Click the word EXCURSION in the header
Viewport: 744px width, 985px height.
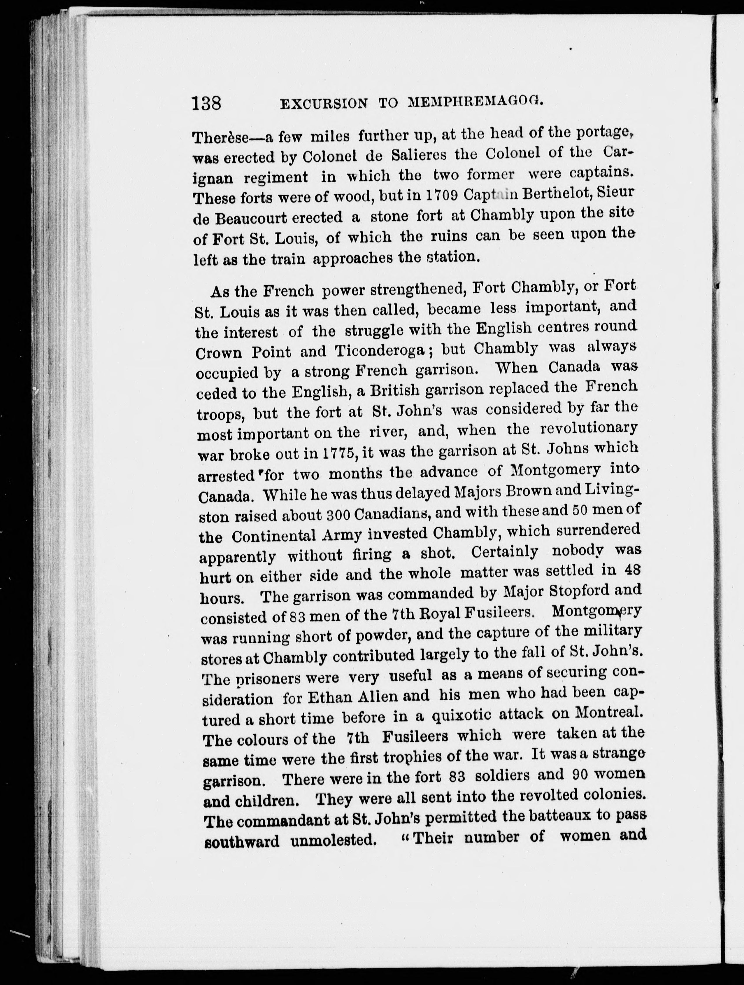[x=324, y=104]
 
